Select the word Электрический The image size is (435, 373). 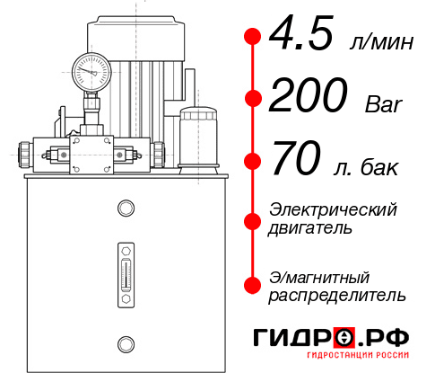point(333,209)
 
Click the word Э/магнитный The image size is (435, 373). point(319,276)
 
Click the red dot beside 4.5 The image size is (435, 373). point(252,37)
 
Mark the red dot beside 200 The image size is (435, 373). point(252,98)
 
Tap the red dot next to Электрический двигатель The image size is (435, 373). point(252,219)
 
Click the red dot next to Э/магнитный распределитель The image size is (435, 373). point(252,285)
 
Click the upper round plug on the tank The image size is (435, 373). point(125,208)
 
